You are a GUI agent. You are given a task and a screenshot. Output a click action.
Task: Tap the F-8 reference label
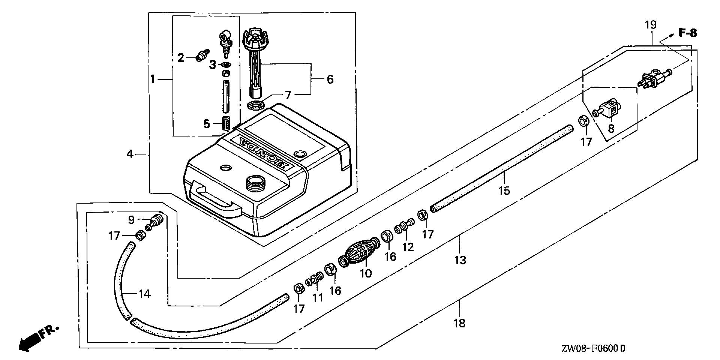tap(688, 33)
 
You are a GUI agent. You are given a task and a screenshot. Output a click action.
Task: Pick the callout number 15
tap(504, 191)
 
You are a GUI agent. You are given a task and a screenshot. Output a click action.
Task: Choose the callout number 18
tap(459, 323)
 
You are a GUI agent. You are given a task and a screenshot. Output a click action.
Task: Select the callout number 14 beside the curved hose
tap(144, 294)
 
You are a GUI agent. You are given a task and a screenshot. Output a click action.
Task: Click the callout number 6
tap(330, 79)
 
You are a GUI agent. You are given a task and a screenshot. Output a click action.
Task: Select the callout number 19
tap(651, 25)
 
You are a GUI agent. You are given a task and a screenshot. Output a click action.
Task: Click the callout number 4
tap(130, 154)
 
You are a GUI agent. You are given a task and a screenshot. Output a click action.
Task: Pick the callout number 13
tap(460, 259)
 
